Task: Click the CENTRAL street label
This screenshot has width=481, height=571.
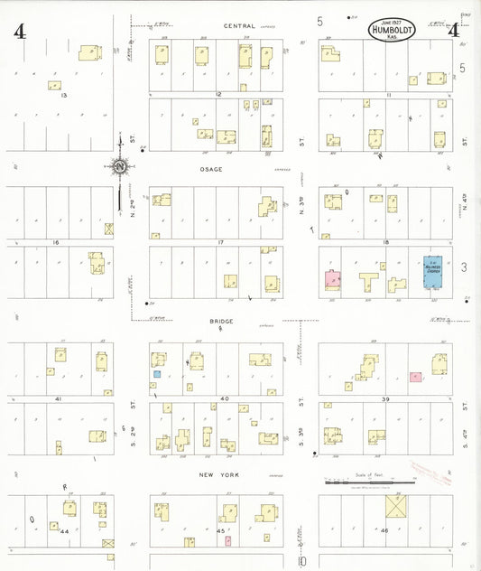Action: click(x=239, y=26)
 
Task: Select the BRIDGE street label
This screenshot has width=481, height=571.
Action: click(x=221, y=322)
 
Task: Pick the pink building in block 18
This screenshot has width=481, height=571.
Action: click(x=333, y=280)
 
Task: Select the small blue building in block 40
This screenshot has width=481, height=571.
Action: click(x=157, y=373)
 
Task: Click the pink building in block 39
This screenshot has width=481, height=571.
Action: click(x=415, y=376)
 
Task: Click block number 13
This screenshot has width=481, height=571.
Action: click(x=62, y=93)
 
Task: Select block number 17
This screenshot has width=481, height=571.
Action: click(x=219, y=243)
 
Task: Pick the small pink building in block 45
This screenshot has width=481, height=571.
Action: click(x=227, y=540)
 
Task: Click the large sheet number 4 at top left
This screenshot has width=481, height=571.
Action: click(x=19, y=32)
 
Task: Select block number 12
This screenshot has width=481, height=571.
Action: click(x=217, y=93)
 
